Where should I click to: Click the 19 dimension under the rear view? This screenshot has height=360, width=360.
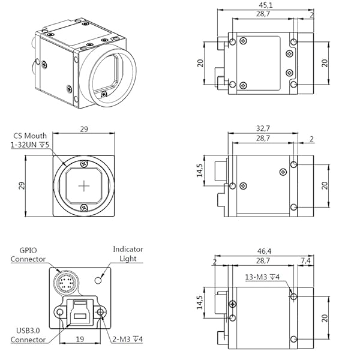point(80,338)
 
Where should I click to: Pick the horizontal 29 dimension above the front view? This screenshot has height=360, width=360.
point(84,128)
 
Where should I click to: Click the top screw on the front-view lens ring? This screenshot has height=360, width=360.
point(84,163)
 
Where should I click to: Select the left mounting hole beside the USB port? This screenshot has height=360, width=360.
point(60,313)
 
